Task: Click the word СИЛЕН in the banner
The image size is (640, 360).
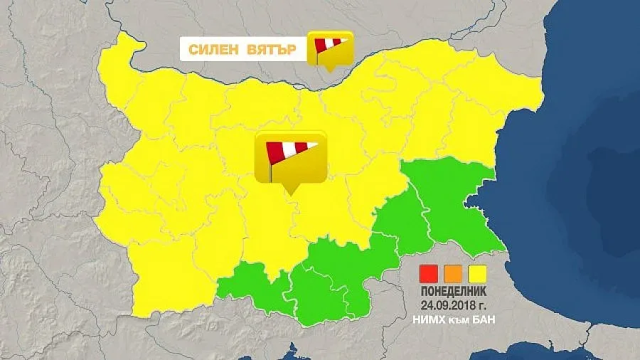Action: (x=213, y=50)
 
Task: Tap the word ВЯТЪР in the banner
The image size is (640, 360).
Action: (x=273, y=50)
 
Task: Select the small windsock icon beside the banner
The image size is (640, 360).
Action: (x=330, y=47)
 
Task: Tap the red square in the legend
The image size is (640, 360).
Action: (x=429, y=273)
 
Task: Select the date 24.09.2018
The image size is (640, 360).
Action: (x=448, y=307)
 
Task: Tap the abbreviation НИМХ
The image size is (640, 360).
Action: (x=428, y=320)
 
